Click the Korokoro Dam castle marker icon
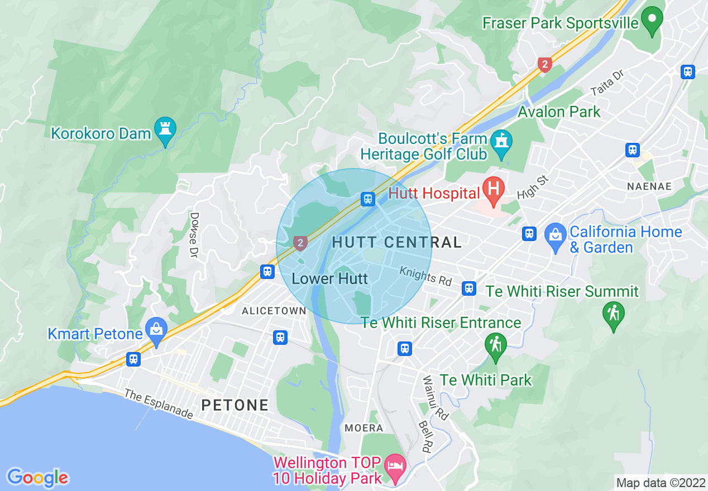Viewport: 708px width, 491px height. point(165,128)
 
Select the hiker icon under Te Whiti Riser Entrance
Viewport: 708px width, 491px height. point(495,344)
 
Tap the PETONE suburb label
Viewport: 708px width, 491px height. point(235,405)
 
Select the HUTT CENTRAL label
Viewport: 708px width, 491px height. point(397,242)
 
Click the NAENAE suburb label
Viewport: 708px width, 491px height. point(649,186)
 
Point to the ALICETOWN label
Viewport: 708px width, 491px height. point(274,311)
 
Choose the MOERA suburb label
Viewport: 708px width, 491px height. point(364,428)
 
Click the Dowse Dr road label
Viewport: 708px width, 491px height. point(194,234)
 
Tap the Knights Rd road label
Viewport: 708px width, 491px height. point(425,276)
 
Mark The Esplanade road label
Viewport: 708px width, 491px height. point(159,405)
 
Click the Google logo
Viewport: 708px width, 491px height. point(37,478)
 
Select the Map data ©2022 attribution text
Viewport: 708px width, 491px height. point(660,483)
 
